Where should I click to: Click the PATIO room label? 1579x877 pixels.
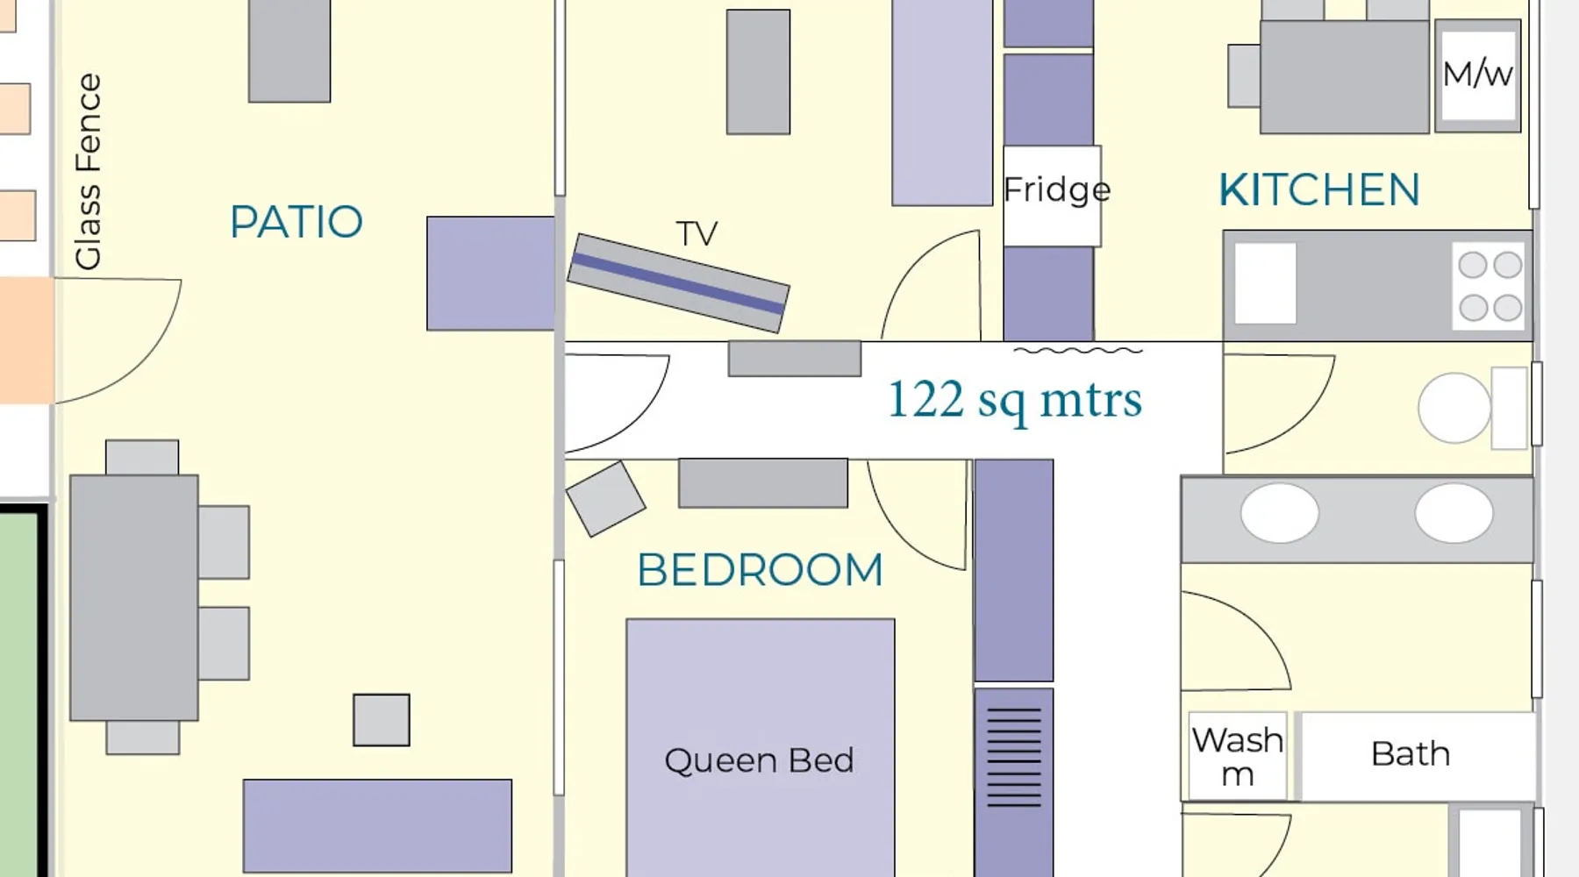297,222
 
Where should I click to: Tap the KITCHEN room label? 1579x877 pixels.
1319,190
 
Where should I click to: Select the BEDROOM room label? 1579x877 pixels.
760,570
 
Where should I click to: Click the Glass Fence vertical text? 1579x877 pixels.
88,172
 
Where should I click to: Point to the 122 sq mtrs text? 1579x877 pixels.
1015,400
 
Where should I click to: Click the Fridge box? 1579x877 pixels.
1052,196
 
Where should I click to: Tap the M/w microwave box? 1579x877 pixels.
1478,75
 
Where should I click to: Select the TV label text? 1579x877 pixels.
697,233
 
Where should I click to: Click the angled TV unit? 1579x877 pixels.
678,283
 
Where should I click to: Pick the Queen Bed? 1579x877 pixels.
761,747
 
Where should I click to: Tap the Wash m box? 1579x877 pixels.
1238,756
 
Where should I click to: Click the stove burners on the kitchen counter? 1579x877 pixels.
1490,286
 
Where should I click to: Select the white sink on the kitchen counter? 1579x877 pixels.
1266,283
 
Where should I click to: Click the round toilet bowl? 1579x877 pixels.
1454,408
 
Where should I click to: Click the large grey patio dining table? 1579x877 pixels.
134,597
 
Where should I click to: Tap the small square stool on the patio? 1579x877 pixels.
382,720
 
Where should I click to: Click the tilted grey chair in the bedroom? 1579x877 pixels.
605,498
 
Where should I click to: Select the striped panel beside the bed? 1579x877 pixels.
1014,758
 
